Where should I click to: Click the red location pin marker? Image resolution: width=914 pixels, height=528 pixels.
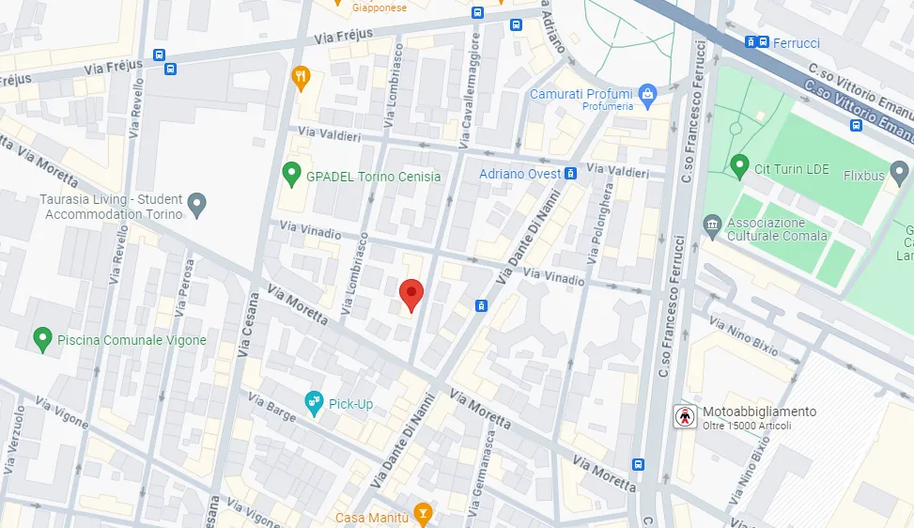click(x=411, y=294)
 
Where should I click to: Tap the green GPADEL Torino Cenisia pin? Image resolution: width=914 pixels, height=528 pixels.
click(x=291, y=174)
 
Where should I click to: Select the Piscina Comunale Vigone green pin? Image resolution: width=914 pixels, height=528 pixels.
click(x=41, y=338)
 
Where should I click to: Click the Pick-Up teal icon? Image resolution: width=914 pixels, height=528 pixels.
click(x=315, y=403)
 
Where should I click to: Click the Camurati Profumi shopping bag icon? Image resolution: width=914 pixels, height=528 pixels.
click(x=646, y=94)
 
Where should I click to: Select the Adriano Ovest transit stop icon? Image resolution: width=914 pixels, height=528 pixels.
click(x=570, y=174)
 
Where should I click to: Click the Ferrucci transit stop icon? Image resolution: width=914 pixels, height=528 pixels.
click(x=751, y=42)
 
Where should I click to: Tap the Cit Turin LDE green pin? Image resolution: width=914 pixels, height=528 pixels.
click(x=739, y=166)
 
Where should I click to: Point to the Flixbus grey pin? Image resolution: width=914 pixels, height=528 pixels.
click(x=899, y=172)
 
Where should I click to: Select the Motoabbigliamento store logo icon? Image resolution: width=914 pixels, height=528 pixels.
click(x=685, y=417)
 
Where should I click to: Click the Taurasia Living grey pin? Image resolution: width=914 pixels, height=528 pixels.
click(x=196, y=204)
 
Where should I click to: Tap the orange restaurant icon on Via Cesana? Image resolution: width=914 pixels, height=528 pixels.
click(x=301, y=78)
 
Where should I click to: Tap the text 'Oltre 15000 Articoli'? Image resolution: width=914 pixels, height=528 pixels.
click(x=747, y=427)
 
